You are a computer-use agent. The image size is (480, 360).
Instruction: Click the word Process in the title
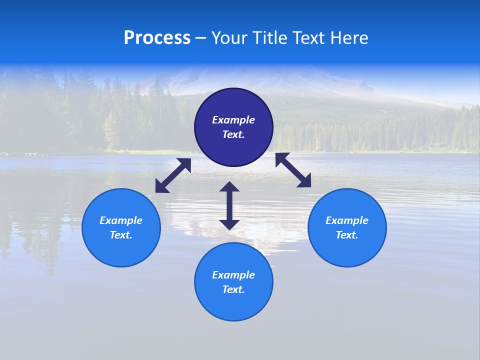[x=157, y=38]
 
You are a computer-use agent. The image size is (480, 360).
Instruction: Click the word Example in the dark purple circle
[x=233, y=120]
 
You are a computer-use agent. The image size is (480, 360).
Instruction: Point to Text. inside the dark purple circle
[x=233, y=134]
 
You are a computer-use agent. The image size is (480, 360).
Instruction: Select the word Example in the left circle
[x=121, y=220]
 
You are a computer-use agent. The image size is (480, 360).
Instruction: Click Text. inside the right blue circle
[x=347, y=235]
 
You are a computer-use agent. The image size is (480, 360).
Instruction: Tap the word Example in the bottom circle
[x=233, y=275]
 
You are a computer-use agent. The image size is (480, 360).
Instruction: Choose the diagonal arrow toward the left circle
[x=173, y=175]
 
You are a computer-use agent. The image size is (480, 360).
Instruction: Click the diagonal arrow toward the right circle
[x=293, y=170]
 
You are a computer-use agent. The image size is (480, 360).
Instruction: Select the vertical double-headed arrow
[x=229, y=205]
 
